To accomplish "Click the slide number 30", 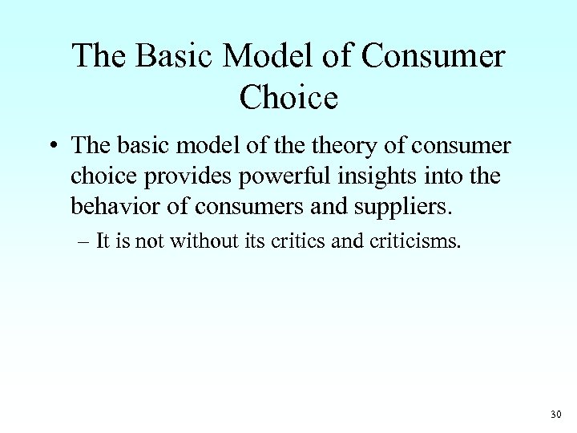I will point(557,415).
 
